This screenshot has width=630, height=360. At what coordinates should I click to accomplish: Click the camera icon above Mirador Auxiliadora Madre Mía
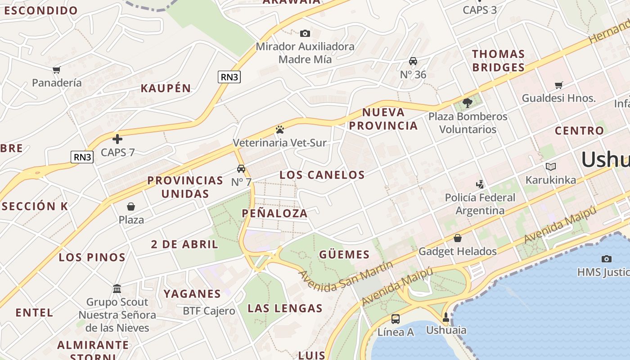(305, 33)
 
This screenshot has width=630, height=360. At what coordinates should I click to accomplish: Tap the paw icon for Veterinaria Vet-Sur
(280, 130)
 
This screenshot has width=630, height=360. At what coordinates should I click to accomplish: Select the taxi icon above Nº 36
(413, 61)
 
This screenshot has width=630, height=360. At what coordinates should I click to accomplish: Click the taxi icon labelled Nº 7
(241, 169)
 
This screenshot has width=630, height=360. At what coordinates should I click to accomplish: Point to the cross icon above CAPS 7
(117, 139)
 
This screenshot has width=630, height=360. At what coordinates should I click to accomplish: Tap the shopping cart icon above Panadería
(57, 70)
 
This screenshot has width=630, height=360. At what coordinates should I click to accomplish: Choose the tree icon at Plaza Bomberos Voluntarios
(468, 103)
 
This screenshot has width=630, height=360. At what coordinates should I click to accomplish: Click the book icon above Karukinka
(551, 167)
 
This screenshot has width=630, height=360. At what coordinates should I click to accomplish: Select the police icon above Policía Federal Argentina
(480, 184)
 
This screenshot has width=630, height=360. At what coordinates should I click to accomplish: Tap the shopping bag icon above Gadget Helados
(458, 238)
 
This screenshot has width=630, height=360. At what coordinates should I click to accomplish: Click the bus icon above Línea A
(396, 319)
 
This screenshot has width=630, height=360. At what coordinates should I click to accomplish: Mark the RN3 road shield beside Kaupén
(229, 77)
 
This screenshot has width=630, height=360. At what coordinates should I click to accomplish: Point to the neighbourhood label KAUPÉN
(166, 88)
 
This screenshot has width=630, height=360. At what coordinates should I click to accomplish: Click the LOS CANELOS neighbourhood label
(322, 175)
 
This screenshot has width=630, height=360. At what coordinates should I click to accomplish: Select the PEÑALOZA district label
(275, 213)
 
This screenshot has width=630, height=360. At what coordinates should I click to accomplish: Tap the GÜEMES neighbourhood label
(344, 255)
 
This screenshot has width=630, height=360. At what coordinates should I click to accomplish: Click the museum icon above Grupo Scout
(117, 288)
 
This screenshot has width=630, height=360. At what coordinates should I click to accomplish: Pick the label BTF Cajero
(209, 311)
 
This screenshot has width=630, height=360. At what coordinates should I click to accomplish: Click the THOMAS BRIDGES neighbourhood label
(498, 61)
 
